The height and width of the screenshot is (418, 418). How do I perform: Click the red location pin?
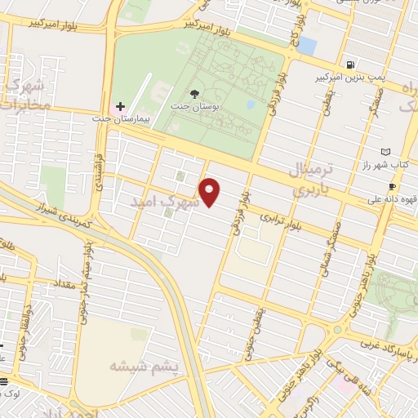211,192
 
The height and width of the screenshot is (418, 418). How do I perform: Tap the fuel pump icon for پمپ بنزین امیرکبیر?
350,64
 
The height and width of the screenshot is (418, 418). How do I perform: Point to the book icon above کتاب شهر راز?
386,151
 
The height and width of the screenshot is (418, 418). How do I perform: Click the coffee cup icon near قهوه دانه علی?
393,187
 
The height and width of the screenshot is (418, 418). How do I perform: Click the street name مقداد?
62,284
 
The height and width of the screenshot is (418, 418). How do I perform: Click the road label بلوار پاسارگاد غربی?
389,349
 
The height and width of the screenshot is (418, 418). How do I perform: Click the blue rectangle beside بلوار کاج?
307,44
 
